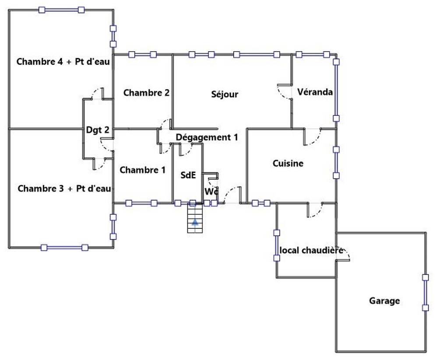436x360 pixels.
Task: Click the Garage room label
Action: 384,301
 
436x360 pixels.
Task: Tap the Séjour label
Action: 225,94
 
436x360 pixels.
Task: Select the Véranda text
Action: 315,92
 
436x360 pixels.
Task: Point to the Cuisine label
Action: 288,164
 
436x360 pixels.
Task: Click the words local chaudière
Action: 311,251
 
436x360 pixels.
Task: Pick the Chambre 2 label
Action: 146,93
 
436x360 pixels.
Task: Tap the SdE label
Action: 188,175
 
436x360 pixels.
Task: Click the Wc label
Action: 211,192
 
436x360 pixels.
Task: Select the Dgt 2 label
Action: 98,129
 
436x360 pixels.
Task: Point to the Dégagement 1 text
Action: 207,137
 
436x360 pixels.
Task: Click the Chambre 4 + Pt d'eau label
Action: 63,62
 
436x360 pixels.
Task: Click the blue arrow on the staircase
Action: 194,222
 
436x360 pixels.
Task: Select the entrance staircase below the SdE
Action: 194,218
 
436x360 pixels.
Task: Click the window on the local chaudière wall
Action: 276,245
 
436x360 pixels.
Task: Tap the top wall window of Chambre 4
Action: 61,10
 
